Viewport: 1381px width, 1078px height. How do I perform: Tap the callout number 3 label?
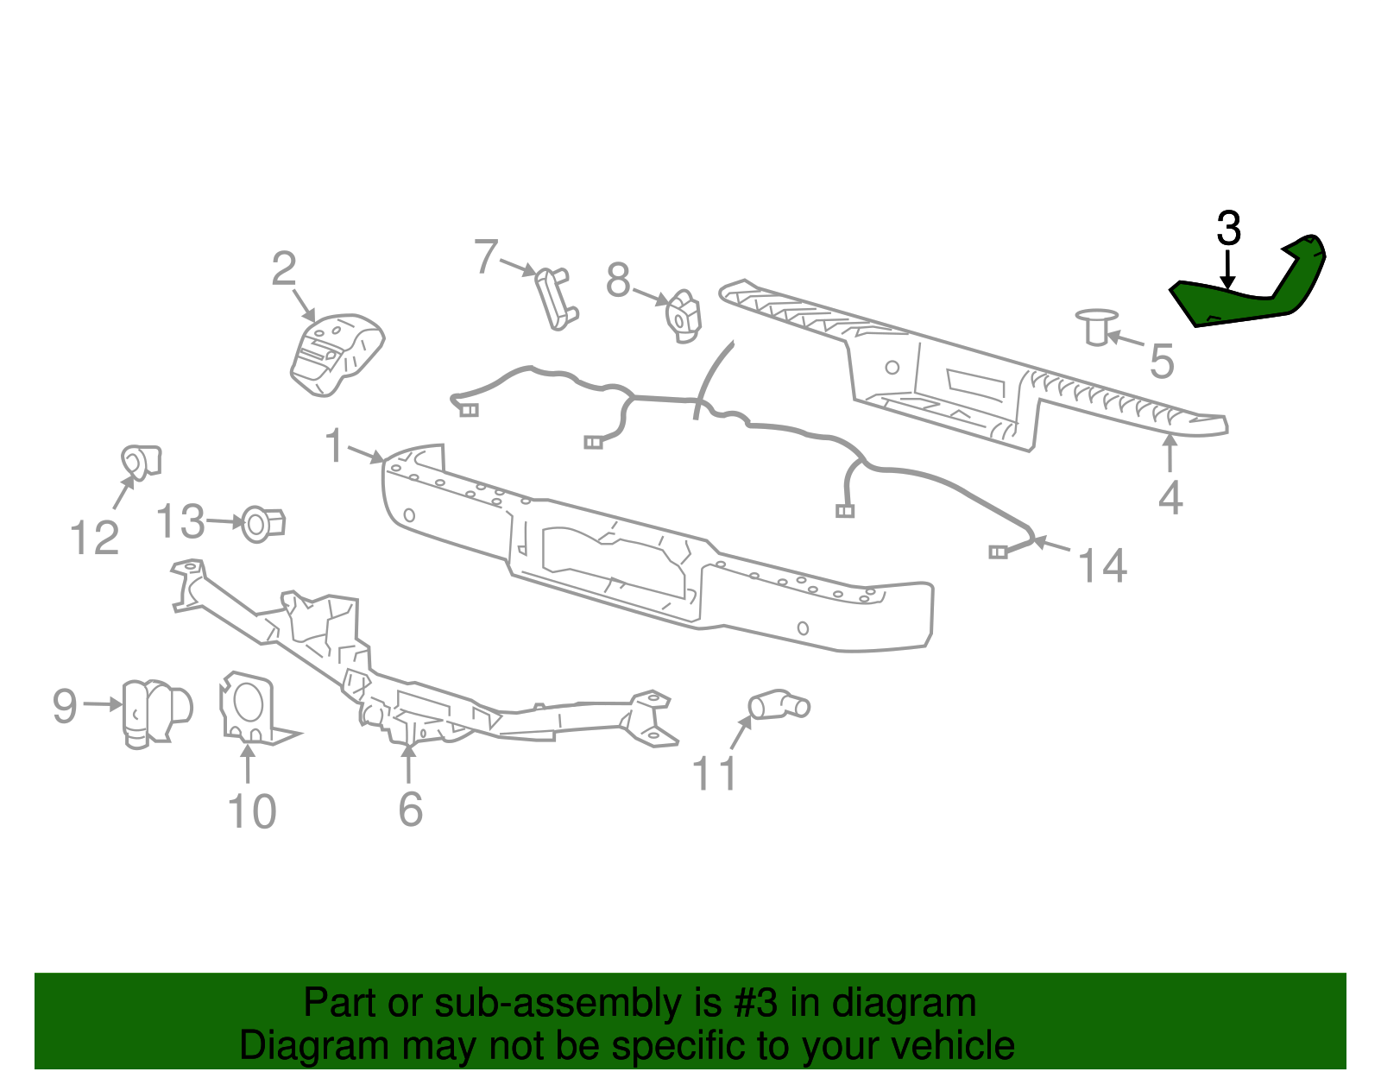pos(1228,230)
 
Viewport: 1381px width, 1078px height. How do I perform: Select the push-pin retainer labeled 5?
pos(1095,327)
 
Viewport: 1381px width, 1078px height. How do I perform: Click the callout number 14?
pos(1102,567)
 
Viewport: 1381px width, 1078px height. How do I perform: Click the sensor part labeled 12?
pos(141,461)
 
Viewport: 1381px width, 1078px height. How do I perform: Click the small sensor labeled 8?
pos(683,315)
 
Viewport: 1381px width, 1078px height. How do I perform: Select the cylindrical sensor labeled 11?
pos(779,705)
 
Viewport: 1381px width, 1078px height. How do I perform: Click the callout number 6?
pos(411,810)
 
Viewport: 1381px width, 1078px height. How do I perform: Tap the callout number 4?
pos(1170,499)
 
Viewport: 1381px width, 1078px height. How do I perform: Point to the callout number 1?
pos(335,447)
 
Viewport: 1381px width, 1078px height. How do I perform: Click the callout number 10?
pos(251,812)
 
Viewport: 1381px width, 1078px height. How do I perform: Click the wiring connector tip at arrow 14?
pos(999,552)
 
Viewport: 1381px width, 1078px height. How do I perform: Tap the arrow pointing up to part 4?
pos(1170,452)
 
